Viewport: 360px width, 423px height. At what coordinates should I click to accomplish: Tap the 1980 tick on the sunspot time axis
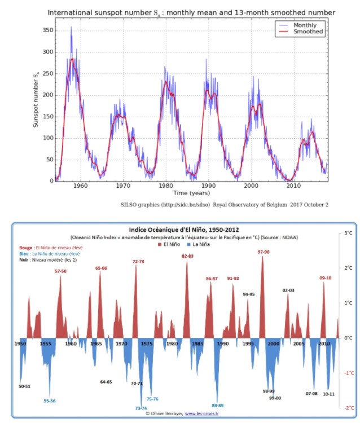tap(166, 186)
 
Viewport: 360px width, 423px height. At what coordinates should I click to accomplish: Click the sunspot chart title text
tap(191, 12)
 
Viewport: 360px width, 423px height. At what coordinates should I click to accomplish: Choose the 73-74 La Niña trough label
tap(141, 408)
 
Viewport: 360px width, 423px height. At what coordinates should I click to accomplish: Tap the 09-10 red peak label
tap(325, 277)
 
